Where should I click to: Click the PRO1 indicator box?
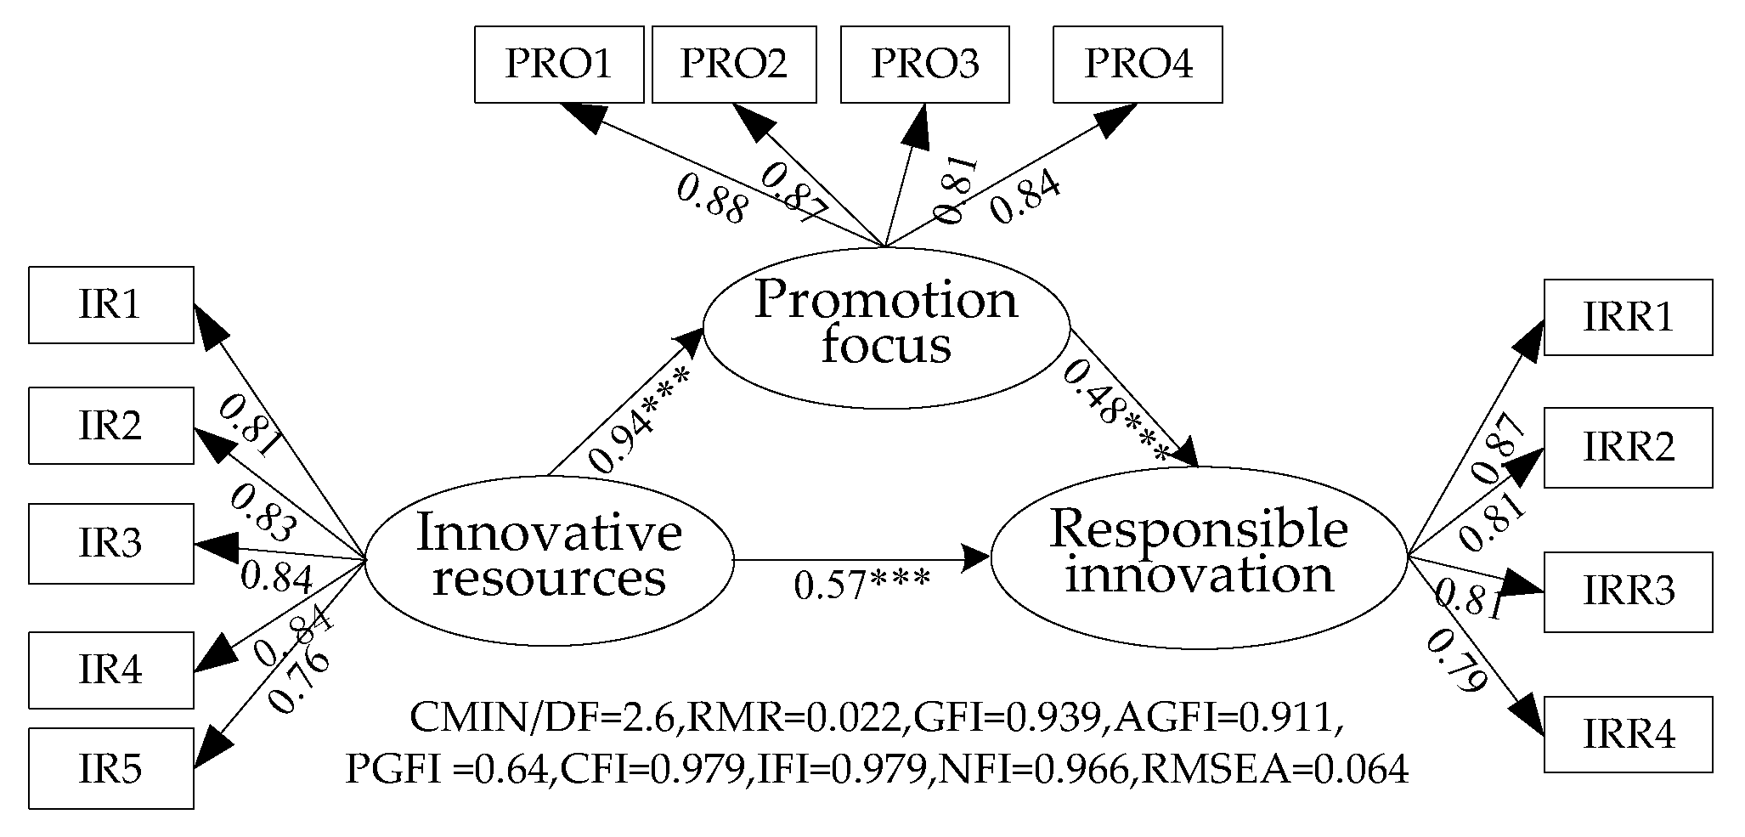[558, 65]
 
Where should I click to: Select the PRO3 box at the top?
[924, 65]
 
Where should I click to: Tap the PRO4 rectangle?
[1138, 65]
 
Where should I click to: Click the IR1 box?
[110, 305]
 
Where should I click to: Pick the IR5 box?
[110, 768]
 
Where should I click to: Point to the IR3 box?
[110, 544]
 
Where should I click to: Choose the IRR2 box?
[1628, 448]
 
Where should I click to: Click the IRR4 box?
[1628, 734]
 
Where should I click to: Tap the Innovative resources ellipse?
[549, 557]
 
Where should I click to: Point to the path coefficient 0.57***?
[861, 585]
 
